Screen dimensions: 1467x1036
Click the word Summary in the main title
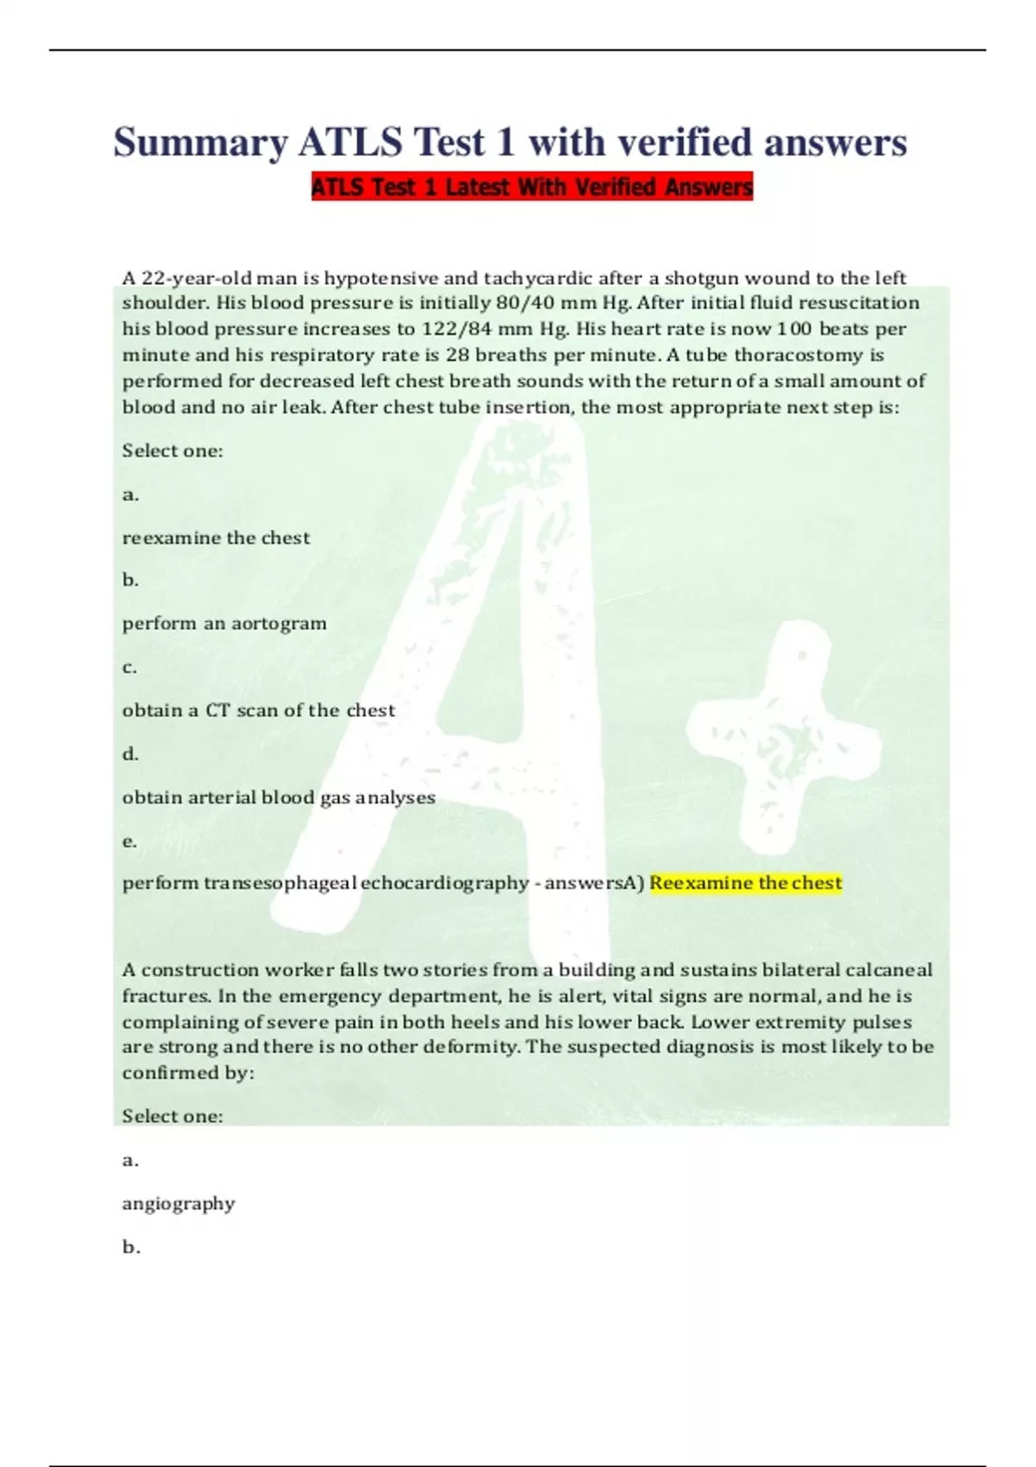pos(200,142)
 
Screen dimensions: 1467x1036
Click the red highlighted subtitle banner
pos(532,186)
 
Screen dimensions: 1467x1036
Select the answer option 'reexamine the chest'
pos(216,538)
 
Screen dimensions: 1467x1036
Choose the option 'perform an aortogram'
pos(224,623)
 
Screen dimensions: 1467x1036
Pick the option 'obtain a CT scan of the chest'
pos(258,710)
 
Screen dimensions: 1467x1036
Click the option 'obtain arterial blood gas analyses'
pos(278,797)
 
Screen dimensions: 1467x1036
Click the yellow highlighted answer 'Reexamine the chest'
pos(745,883)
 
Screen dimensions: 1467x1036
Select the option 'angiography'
pos(178,1203)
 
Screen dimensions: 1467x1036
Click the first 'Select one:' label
pos(173,450)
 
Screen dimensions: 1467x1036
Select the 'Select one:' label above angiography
pos(173,1116)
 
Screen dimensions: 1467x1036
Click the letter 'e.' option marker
pos(129,841)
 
